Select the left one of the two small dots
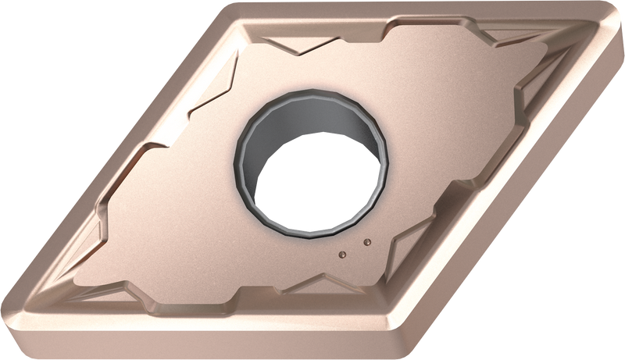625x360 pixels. point(341,253)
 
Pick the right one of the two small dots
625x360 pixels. point(364,242)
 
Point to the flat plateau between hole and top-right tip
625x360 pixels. point(469,86)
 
